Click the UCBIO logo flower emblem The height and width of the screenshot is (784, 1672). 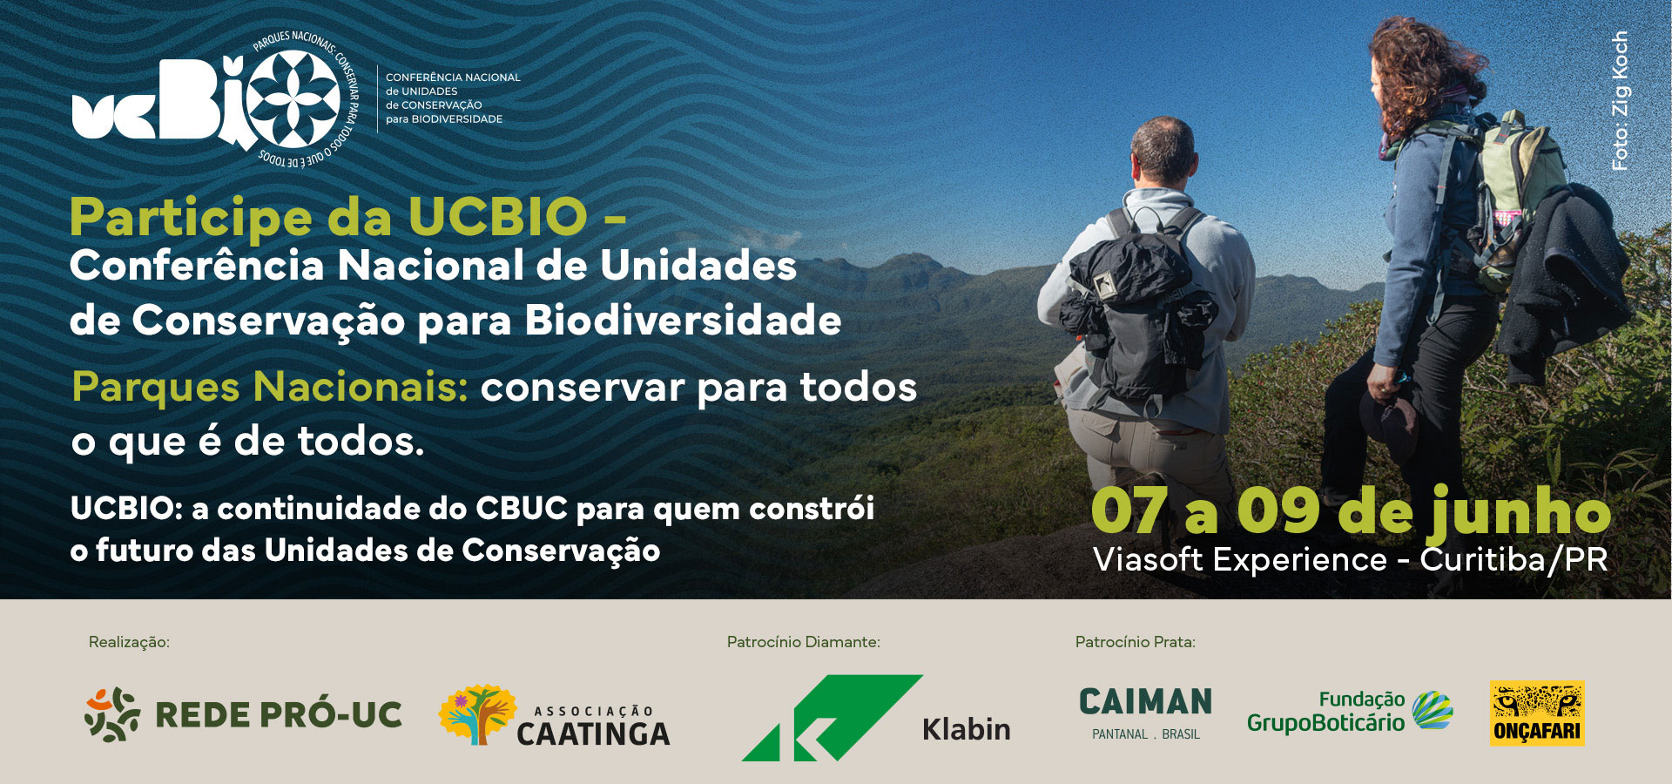click(293, 98)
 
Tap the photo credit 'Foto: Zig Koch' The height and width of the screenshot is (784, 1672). click(1619, 100)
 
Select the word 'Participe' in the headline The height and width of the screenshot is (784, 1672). click(191, 218)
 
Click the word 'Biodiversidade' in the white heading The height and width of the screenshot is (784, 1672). click(683, 321)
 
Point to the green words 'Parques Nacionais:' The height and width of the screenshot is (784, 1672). click(270, 387)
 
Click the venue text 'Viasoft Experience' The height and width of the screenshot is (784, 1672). click(1240, 559)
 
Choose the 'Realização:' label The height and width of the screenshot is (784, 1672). click(129, 642)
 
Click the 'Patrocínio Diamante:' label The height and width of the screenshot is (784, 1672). click(803, 642)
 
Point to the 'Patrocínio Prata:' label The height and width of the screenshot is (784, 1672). click(1135, 642)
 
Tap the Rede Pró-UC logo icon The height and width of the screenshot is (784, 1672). click(112, 714)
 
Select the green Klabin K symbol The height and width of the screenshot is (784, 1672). click(832, 718)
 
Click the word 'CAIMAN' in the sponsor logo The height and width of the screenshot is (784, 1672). click(1145, 702)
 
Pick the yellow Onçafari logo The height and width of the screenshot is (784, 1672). click(1537, 713)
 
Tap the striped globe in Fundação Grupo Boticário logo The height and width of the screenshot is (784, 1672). click(1433, 710)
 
